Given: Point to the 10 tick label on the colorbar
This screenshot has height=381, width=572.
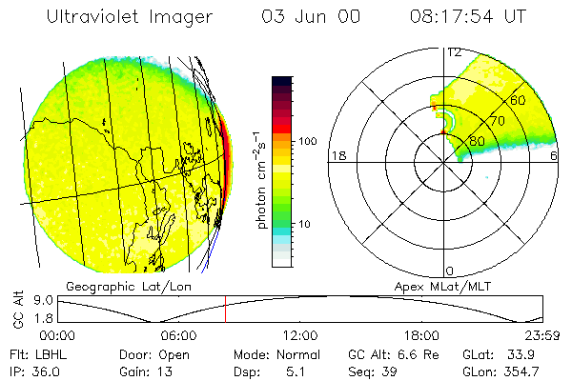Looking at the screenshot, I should (308, 225).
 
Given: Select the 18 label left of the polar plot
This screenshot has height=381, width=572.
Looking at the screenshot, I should (337, 156).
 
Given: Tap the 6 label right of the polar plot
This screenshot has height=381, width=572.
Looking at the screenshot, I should (555, 156).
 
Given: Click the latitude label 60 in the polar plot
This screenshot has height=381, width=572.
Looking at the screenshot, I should (519, 100).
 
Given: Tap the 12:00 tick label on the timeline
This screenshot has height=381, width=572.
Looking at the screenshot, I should (300, 334).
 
